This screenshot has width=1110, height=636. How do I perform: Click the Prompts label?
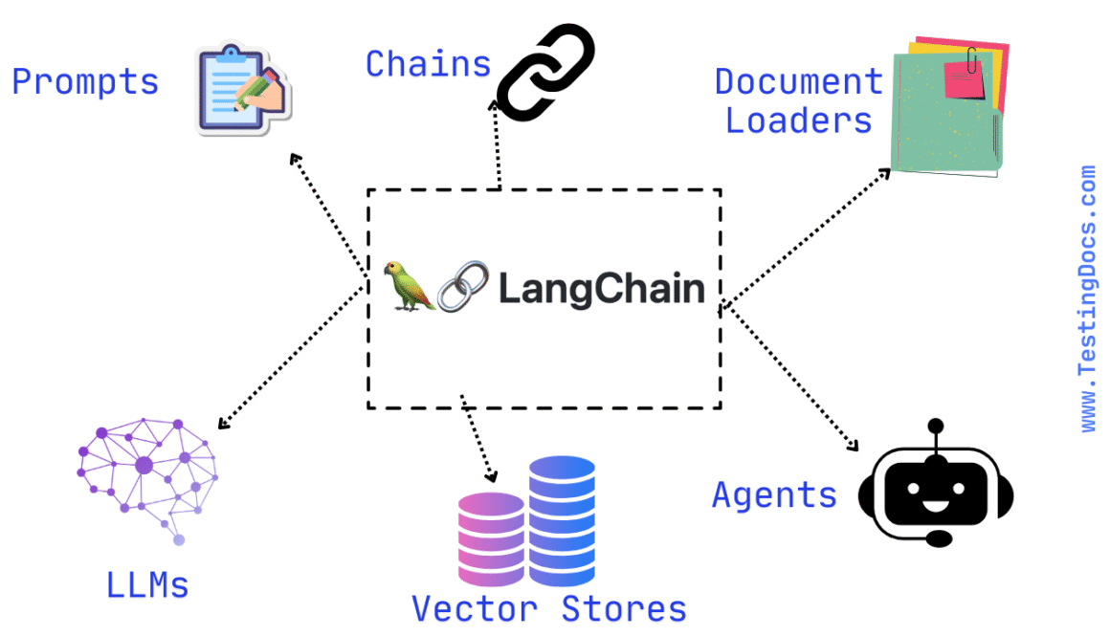(x=85, y=82)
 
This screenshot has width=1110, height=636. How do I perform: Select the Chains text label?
(x=428, y=64)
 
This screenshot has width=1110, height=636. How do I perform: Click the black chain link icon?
(x=545, y=74)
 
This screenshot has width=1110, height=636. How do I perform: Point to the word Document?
(x=798, y=82)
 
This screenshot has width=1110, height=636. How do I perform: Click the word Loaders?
(x=798, y=121)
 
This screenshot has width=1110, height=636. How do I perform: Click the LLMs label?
(x=147, y=584)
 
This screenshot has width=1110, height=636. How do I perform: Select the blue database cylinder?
(x=562, y=519)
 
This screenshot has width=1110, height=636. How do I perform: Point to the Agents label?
(x=774, y=494)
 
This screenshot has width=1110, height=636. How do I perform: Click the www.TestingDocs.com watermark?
(x=1088, y=298)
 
